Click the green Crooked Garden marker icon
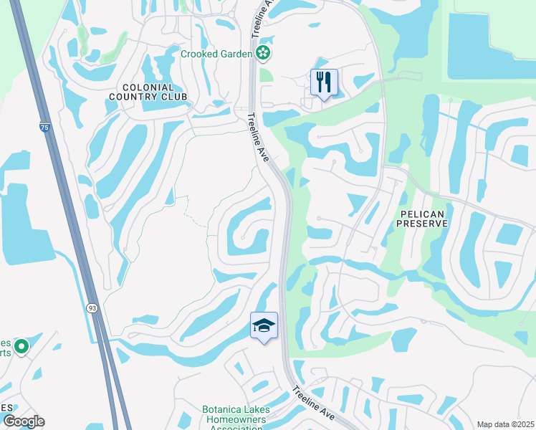coord(264,52)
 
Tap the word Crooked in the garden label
coord(201,54)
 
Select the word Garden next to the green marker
coord(236,54)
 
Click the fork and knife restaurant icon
coord(324,82)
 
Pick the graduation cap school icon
coord(264,326)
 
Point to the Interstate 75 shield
coord(44,128)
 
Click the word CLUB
coord(174,97)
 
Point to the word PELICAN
coord(423,214)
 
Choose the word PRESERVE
coord(423,224)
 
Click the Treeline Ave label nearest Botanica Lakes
coord(313,403)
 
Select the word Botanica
coord(223,410)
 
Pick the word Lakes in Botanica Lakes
coord(257,410)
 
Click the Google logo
coord(23,421)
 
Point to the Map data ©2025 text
coord(505,424)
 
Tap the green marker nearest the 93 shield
coord(21,348)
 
